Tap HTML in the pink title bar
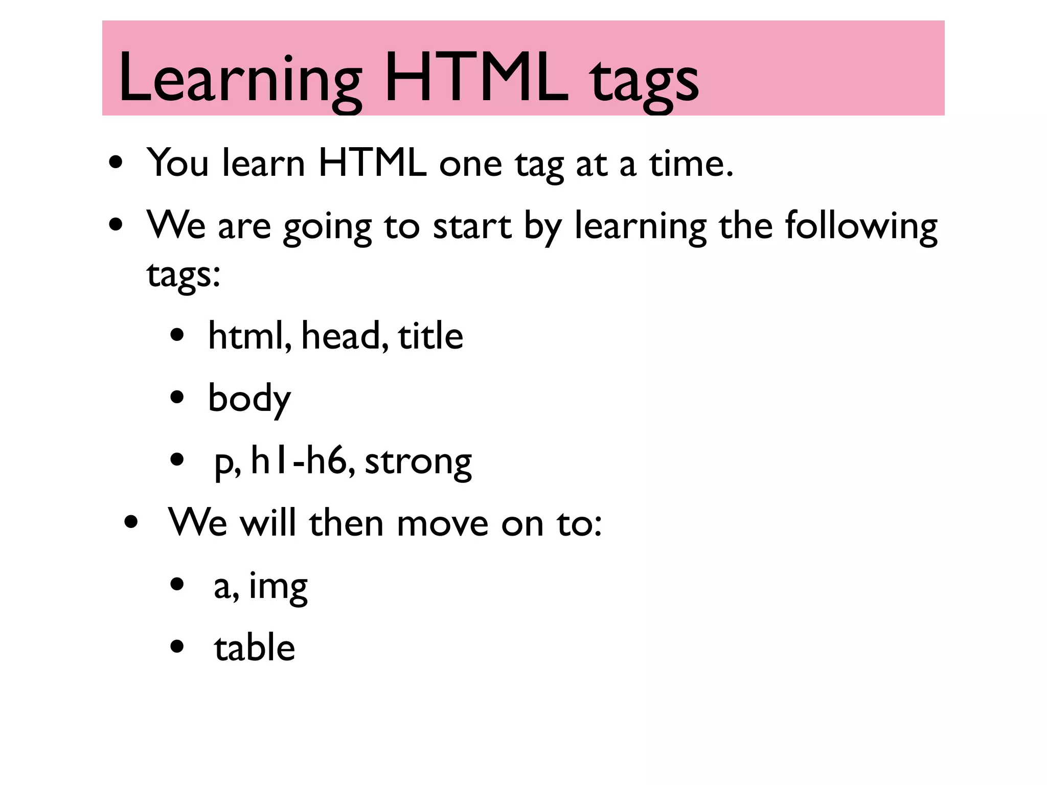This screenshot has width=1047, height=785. coord(476,78)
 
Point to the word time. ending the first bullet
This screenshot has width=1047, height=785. coord(691,164)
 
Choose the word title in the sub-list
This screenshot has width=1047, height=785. coord(430,336)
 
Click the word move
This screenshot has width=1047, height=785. coord(442,524)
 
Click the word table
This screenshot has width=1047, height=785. coord(254,648)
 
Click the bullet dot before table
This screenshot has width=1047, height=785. coord(177,647)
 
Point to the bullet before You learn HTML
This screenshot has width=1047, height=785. coord(116,163)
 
